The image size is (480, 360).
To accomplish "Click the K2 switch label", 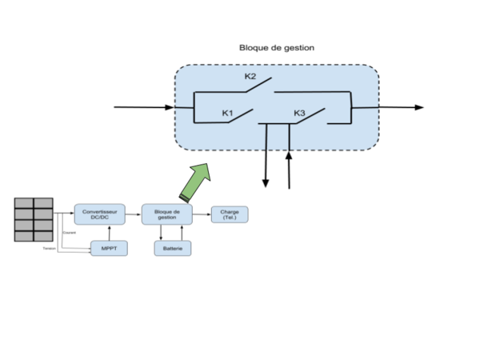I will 250,77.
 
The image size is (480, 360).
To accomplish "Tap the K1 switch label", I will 227,114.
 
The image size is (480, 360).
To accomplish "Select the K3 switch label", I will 299,114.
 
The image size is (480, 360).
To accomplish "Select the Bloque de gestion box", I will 167,214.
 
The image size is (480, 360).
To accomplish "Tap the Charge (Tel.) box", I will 229,214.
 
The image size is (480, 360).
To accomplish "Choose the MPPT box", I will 109,249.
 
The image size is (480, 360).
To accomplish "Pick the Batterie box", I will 173,249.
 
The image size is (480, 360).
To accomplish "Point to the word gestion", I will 167,218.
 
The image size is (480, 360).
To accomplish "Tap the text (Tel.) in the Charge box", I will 229,218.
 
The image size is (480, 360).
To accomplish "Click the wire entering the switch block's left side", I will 184,105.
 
